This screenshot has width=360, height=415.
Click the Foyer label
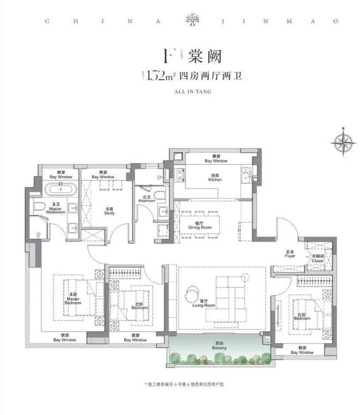(x=290, y=254)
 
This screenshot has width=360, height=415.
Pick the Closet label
(x=317, y=259)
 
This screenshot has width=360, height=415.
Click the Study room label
(x=110, y=210)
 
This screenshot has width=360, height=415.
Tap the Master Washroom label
(x=55, y=209)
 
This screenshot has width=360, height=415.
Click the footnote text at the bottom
(x=180, y=384)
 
